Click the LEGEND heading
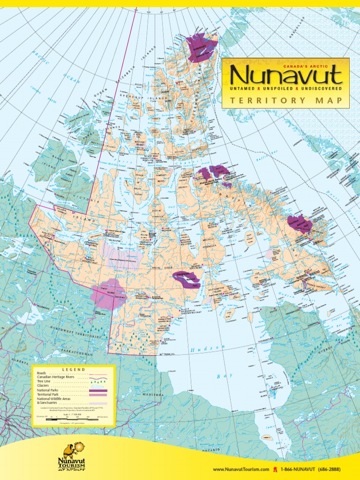coord(74,369)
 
